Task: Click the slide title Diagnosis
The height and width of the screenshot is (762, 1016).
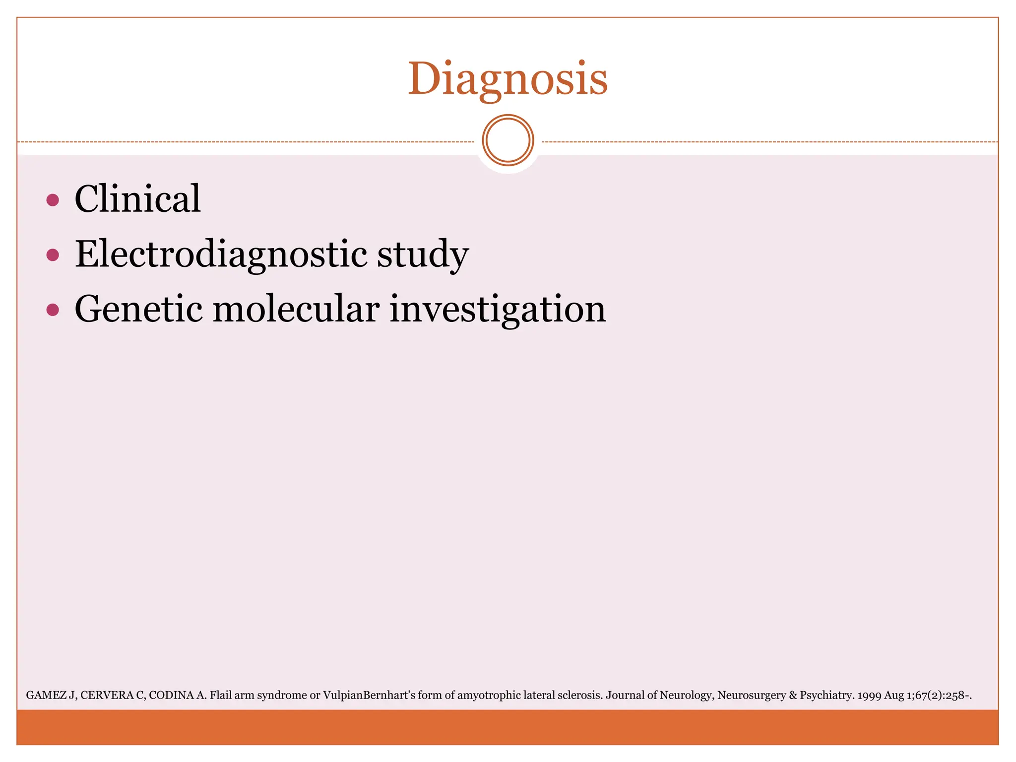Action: coord(508,79)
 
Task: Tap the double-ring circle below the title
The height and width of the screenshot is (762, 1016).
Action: coord(508,140)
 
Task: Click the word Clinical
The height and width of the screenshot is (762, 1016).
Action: coord(137,199)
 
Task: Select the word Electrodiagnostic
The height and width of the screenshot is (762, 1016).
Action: coord(221,254)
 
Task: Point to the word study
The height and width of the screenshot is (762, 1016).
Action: coord(423,254)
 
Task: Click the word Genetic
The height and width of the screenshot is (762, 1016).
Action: coord(138,309)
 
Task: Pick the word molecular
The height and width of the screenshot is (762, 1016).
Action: coord(296,309)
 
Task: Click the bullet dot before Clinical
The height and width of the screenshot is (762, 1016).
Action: coord(53,200)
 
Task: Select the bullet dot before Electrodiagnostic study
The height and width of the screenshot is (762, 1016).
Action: coord(53,255)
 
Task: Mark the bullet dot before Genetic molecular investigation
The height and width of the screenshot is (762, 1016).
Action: coord(53,310)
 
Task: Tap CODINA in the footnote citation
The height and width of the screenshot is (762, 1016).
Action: coord(171,696)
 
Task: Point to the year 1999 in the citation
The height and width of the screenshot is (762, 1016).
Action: coord(869,696)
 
